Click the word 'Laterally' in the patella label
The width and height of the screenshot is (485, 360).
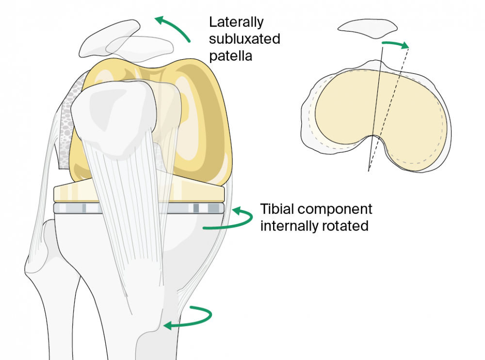[x=236, y=22]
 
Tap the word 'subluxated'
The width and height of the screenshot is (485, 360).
[x=244, y=39]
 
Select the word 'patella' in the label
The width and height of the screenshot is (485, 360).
[x=230, y=55]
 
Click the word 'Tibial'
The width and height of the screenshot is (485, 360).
[x=278, y=210]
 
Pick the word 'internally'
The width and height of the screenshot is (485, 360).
[x=287, y=226]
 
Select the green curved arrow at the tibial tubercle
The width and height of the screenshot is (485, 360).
[x=192, y=317]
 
